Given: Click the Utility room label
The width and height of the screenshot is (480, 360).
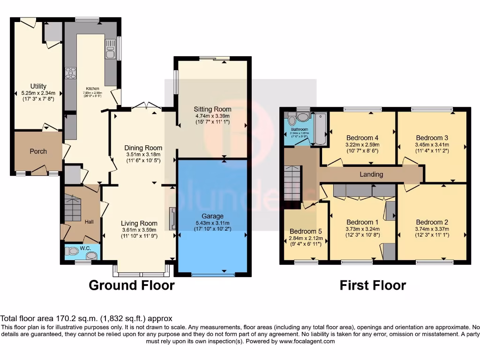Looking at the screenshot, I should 38,86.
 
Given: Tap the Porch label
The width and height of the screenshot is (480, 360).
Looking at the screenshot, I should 38,151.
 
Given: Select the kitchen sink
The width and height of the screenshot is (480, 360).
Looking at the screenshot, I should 111,49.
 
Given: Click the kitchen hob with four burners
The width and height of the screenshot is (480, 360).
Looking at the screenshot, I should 71,73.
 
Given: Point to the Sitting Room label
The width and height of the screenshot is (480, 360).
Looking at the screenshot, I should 213,109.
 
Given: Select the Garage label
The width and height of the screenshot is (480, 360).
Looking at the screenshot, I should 213,217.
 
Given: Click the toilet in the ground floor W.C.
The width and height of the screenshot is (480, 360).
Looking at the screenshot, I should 73,252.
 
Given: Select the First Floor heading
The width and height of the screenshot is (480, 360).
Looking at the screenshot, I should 373,285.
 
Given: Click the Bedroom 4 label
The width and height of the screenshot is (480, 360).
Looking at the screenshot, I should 362,138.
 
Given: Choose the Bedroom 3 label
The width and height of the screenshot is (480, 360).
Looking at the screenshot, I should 432,138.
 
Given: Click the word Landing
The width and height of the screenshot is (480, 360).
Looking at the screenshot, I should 371,174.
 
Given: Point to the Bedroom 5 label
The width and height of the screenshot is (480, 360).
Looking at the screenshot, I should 306,232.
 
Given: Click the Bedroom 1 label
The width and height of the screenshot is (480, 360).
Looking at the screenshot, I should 362,222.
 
